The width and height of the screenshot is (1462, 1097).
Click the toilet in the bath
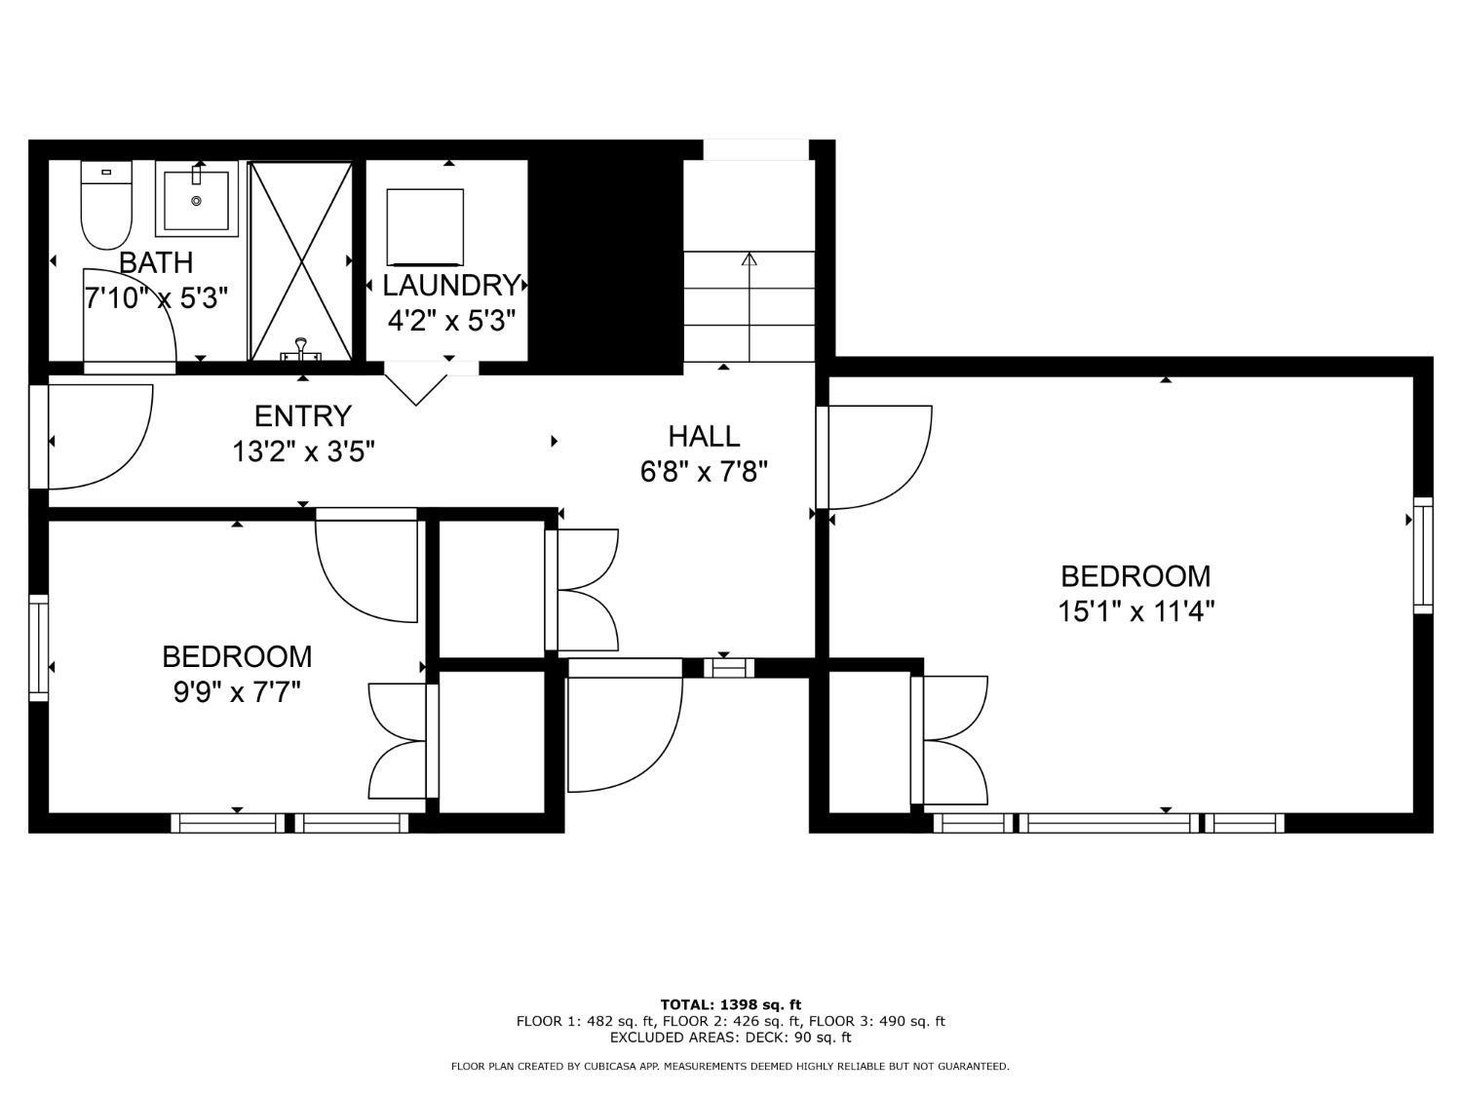[x=106, y=205]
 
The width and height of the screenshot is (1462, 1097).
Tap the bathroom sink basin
[x=197, y=200]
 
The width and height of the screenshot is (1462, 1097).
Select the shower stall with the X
[x=300, y=261]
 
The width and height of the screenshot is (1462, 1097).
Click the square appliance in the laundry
[x=425, y=227]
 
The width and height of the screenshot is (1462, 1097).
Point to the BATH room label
[x=156, y=263]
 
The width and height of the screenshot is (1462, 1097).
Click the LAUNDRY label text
[x=451, y=286]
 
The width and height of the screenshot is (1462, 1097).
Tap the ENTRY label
[x=302, y=416]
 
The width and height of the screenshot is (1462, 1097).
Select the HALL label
[x=704, y=436]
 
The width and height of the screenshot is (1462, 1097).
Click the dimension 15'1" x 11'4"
[x=1136, y=610]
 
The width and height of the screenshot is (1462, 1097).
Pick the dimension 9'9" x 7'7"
[x=237, y=692]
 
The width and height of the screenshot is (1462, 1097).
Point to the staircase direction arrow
[x=750, y=306]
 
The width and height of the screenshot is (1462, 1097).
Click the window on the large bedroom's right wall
[x=1423, y=556]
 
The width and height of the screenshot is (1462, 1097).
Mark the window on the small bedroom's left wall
[x=39, y=647]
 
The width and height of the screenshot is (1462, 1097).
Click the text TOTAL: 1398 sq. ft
[x=731, y=1005]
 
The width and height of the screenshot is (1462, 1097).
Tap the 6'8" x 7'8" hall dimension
[x=704, y=472]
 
